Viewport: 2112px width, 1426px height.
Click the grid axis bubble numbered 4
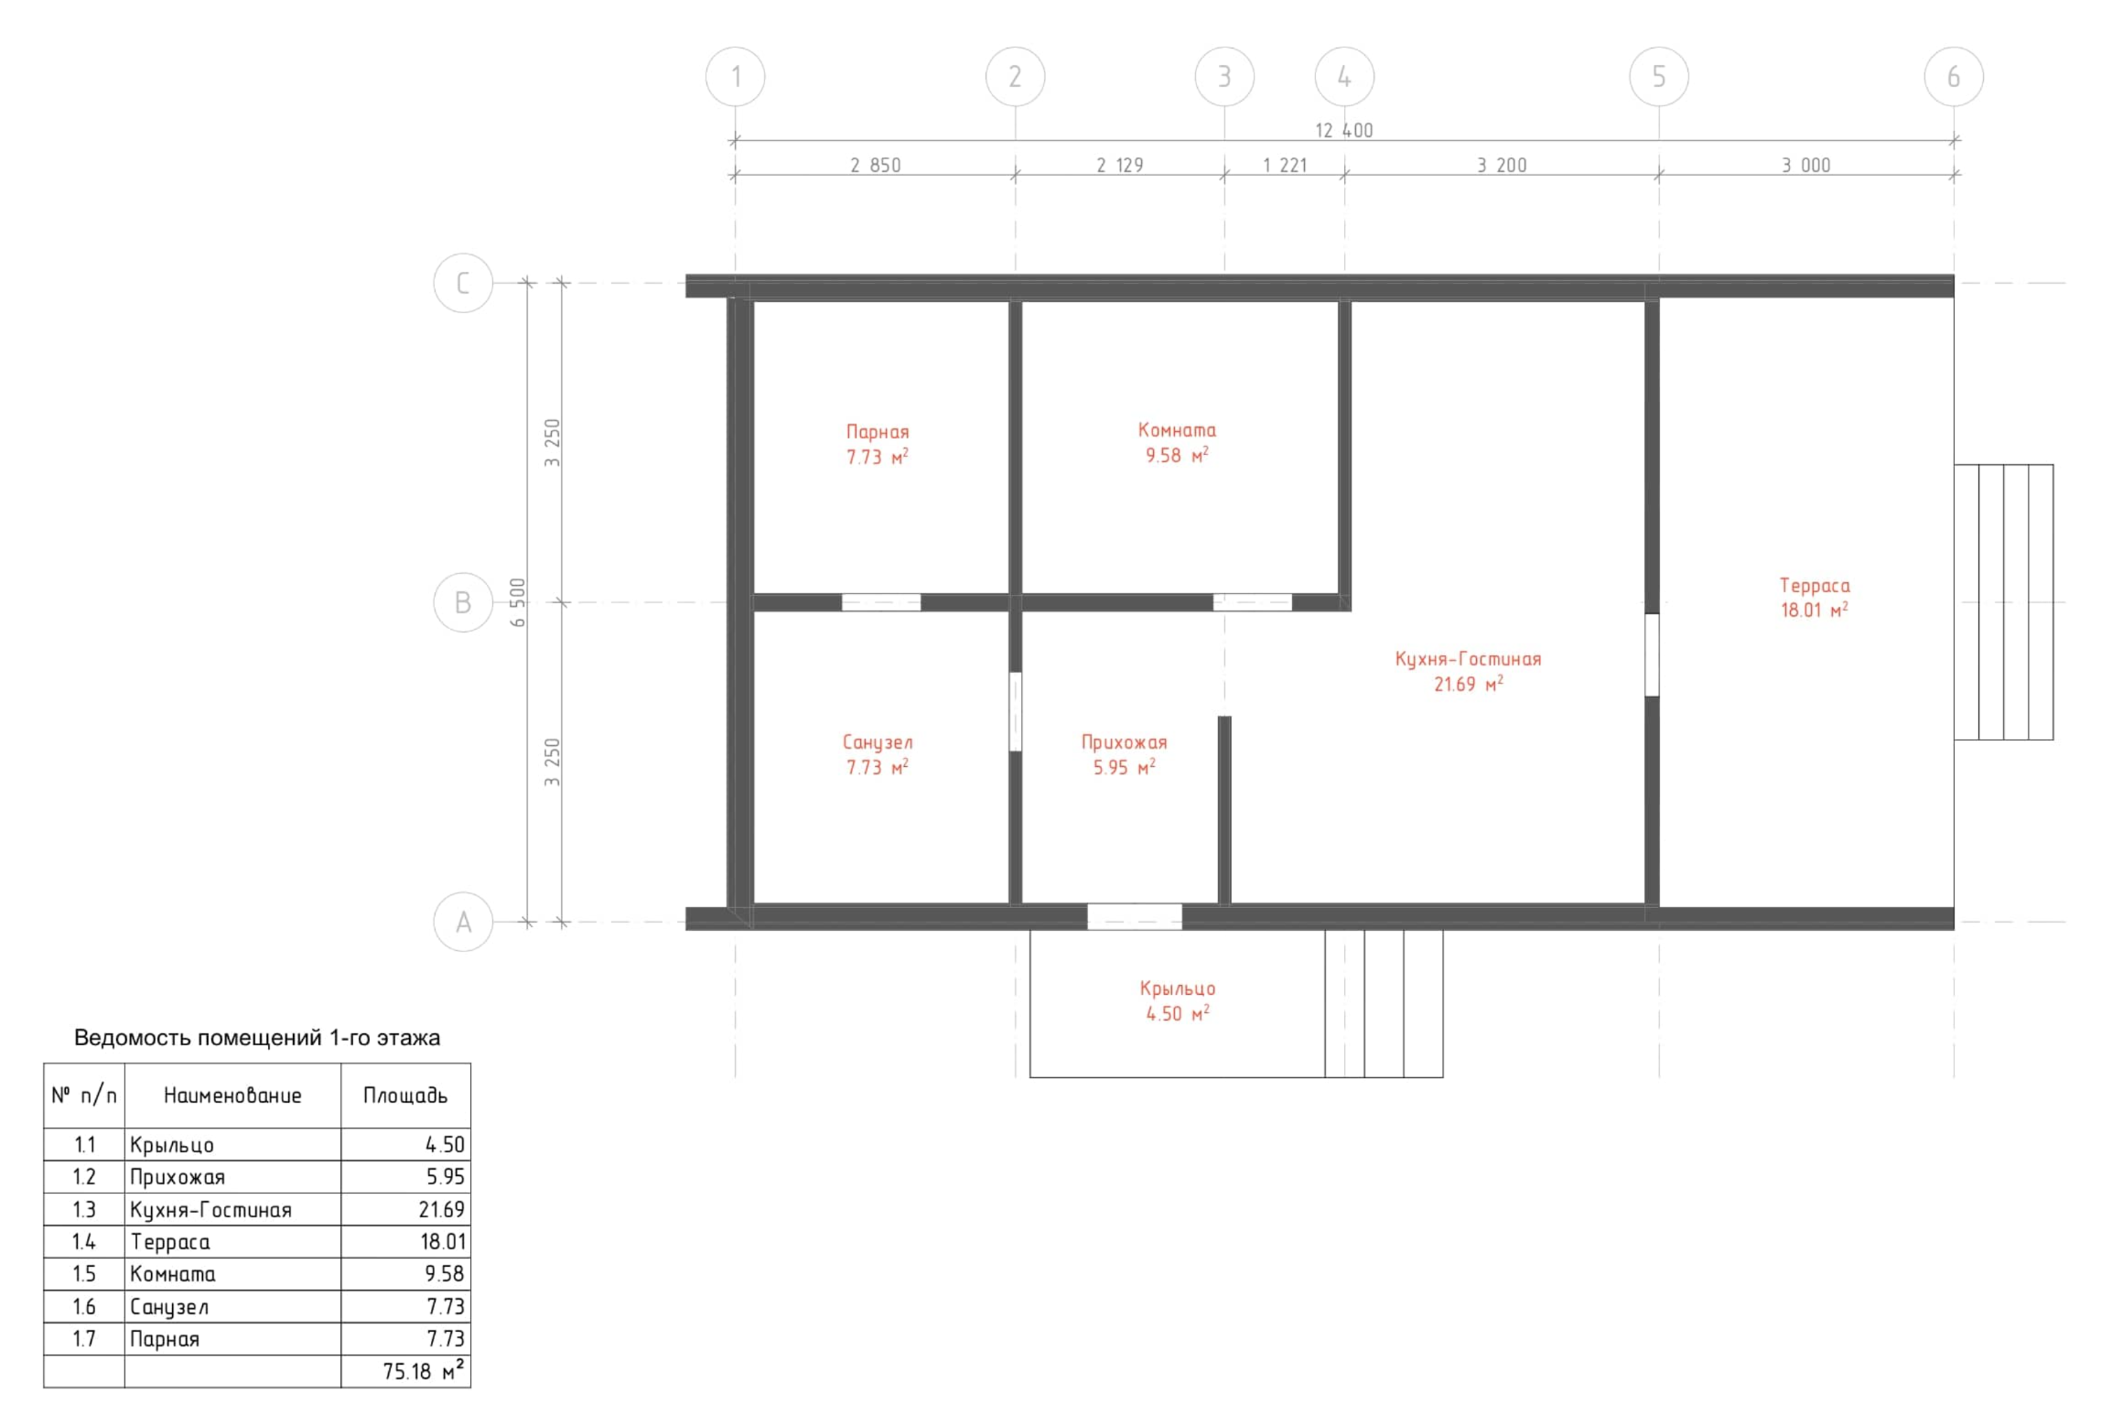[1343, 77]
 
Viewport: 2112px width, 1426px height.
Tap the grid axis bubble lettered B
[463, 602]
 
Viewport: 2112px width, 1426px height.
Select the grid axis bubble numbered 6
[1953, 77]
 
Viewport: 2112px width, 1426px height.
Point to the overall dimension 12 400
[1343, 130]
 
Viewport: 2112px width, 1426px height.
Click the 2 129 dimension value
[1119, 166]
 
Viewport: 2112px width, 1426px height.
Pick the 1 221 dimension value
[1284, 166]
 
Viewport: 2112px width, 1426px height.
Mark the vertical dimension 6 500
[518, 602]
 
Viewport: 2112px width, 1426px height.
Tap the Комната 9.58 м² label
[1177, 442]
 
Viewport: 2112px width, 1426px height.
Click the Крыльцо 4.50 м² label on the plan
[1177, 1000]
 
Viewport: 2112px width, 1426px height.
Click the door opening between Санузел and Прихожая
[1015, 711]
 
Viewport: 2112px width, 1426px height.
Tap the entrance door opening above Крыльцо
[1134, 916]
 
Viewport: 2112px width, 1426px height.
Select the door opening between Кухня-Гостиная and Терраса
[1652, 654]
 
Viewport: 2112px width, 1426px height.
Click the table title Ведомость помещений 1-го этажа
[257, 1037]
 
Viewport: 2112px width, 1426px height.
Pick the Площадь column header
[405, 1095]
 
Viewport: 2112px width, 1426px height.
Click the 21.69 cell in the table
[442, 1209]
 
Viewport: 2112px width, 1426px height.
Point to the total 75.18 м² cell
[423, 1370]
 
